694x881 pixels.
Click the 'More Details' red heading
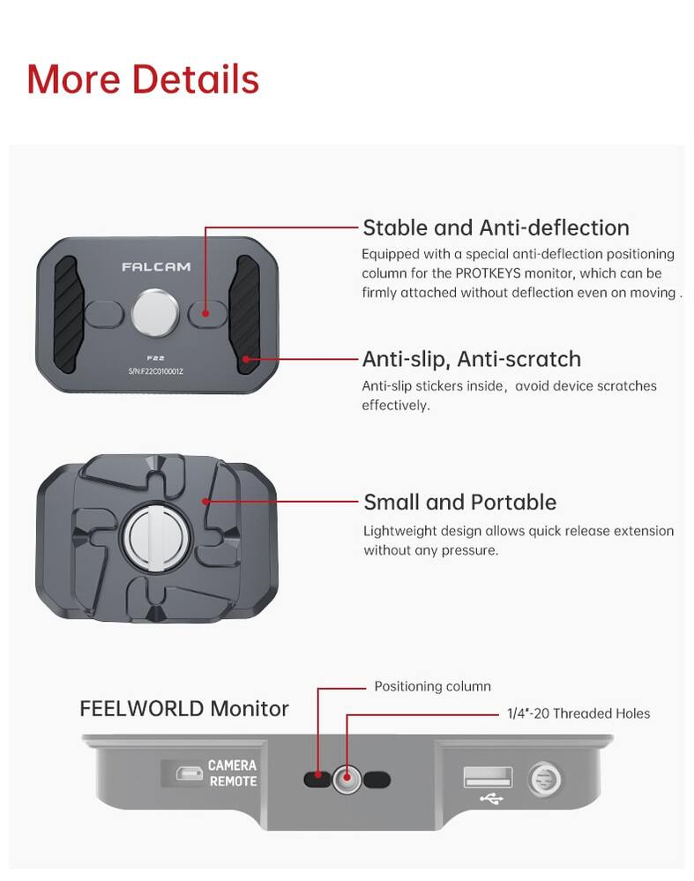pos(143,79)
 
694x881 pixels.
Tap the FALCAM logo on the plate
pos(156,267)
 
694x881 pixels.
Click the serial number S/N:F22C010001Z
pos(156,371)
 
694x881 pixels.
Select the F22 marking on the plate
pos(156,358)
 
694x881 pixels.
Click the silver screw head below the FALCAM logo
pos(155,313)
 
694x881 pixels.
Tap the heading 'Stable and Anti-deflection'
pos(496,228)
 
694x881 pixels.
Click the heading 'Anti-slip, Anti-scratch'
pos(472,359)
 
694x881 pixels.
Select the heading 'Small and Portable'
pos(459,502)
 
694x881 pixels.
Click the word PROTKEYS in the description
pos(488,273)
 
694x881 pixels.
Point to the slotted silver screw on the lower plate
pos(155,536)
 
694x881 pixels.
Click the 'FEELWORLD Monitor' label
pos(183,708)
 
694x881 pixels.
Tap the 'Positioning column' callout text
pos(433,686)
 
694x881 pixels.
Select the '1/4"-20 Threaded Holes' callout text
pos(578,713)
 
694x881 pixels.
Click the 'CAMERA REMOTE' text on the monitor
pos(233,773)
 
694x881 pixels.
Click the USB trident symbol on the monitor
pos(491,798)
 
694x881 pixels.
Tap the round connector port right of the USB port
pos(544,779)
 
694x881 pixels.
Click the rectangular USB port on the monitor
pos(488,777)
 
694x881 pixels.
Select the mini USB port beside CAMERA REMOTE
pos(190,773)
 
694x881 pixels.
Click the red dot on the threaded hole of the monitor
pos(347,778)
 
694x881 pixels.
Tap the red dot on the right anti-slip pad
pos(245,358)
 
